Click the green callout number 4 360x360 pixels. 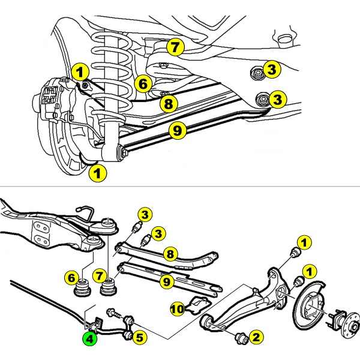pos(89,338)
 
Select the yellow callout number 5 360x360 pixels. pos(139,337)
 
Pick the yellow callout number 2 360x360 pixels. pos(256,338)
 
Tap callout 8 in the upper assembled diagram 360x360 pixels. pos(168,103)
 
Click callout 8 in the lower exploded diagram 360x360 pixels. pos(170,254)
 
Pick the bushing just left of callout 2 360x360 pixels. pos(243,337)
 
